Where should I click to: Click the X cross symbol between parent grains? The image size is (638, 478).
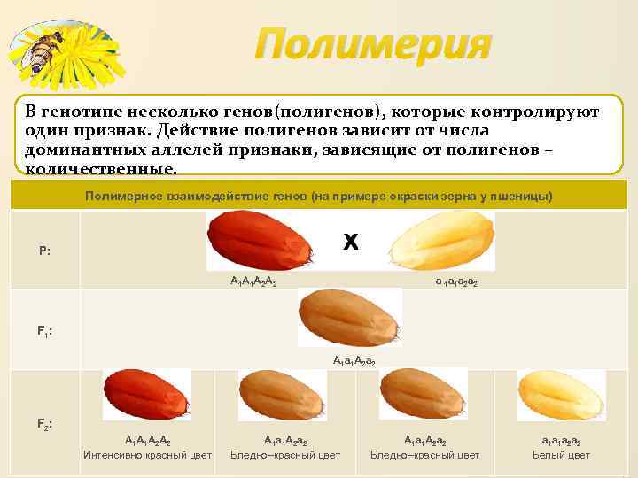351,242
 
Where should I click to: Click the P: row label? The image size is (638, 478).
44,251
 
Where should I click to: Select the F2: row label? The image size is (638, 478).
44,424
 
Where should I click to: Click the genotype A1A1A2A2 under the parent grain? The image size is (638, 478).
254,281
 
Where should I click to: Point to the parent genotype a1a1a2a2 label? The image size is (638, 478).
456,281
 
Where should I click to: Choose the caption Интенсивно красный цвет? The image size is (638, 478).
147,455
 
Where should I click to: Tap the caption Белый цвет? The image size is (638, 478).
561,455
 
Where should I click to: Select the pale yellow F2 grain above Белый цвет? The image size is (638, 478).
563,395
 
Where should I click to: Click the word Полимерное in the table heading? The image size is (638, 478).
124,195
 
